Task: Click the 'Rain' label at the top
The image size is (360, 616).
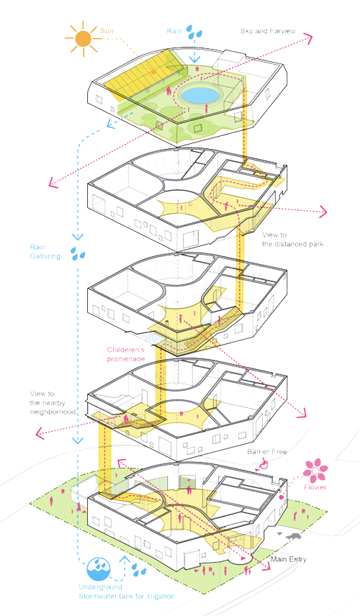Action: [174, 31]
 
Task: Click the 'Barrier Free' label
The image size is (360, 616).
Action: [268, 451]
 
